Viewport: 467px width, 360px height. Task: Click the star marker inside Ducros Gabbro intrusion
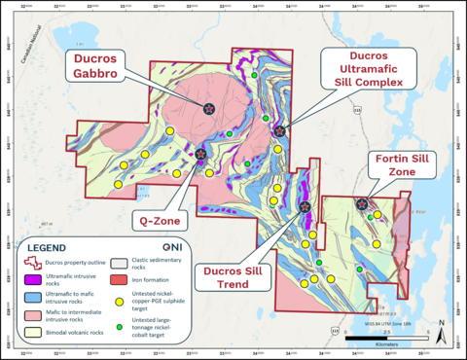(x=209, y=109)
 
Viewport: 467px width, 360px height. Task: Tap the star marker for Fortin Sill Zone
(x=362, y=204)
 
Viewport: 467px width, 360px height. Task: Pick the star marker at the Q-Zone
(x=200, y=154)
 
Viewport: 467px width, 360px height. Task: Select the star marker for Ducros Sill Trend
(x=305, y=206)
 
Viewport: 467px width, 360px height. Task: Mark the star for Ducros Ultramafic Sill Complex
(x=280, y=130)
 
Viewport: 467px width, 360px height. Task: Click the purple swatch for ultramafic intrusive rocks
(x=33, y=279)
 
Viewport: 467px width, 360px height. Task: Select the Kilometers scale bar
(x=389, y=338)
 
